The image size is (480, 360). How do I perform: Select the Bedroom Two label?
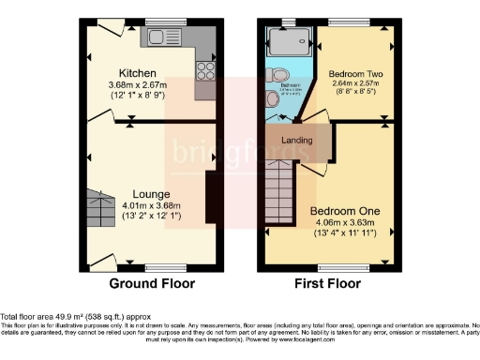[352, 72]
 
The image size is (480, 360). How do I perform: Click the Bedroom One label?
[343, 211]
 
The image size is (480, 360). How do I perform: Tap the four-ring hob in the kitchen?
[205, 71]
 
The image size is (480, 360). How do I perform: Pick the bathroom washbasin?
[273, 97]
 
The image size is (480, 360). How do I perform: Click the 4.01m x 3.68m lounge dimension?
[151, 205]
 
